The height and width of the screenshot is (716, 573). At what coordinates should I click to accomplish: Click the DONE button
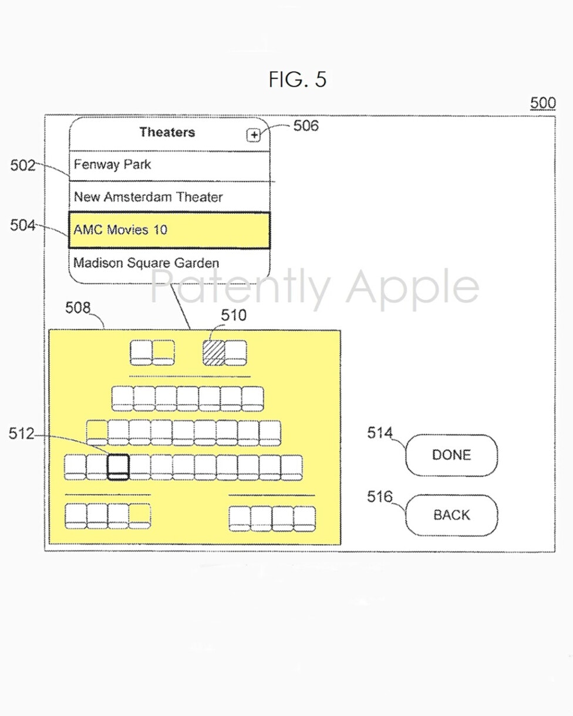click(451, 455)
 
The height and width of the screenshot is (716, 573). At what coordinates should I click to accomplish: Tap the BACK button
click(451, 515)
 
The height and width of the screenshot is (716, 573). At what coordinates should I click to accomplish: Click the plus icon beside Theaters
click(254, 135)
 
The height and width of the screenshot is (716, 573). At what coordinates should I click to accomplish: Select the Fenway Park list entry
click(170, 166)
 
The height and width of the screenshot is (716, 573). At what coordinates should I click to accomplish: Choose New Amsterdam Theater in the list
click(170, 197)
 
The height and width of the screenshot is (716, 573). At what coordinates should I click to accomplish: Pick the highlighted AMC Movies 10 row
click(170, 230)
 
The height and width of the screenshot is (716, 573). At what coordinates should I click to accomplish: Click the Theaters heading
click(167, 132)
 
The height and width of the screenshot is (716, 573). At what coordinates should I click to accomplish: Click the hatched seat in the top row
click(214, 353)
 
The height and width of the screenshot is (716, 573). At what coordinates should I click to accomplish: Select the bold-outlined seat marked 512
click(118, 467)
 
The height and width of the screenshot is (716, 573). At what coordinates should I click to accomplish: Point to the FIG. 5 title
click(297, 79)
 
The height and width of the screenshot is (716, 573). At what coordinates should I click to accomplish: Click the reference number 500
click(542, 103)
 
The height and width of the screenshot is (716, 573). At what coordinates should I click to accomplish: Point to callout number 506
click(306, 126)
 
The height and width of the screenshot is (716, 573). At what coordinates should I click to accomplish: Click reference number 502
click(23, 166)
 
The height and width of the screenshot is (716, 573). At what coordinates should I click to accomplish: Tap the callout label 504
click(23, 225)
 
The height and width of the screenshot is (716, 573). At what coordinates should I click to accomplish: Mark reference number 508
click(77, 308)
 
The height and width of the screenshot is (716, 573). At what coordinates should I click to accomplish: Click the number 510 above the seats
click(234, 315)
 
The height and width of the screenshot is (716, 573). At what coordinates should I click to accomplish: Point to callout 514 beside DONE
click(380, 433)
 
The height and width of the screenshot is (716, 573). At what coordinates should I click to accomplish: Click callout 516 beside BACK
click(380, 497)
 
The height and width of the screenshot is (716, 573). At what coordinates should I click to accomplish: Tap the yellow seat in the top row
click(163, 353)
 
